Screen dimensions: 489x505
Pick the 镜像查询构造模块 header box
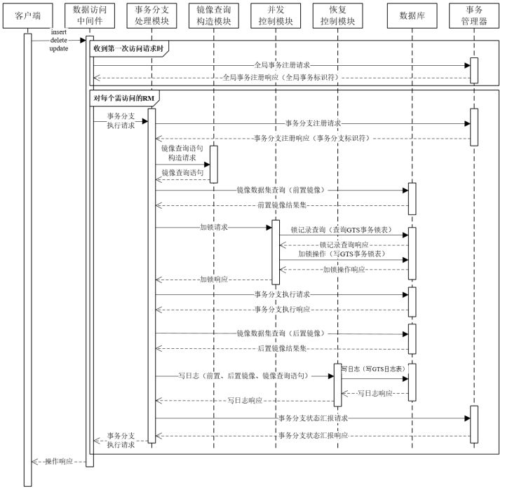pos(213,15)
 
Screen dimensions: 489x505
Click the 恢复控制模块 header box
pos(337,15)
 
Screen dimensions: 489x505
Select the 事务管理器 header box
pos(474,15)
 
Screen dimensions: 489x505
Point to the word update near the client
pos(59,49)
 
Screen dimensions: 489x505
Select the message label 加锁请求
pos(213,228)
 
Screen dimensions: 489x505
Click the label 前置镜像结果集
pos(281,205)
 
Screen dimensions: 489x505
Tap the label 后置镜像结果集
pos(281,348)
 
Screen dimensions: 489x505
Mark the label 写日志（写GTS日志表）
pos(372,367)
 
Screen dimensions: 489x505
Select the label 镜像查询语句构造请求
pos(182,153)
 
